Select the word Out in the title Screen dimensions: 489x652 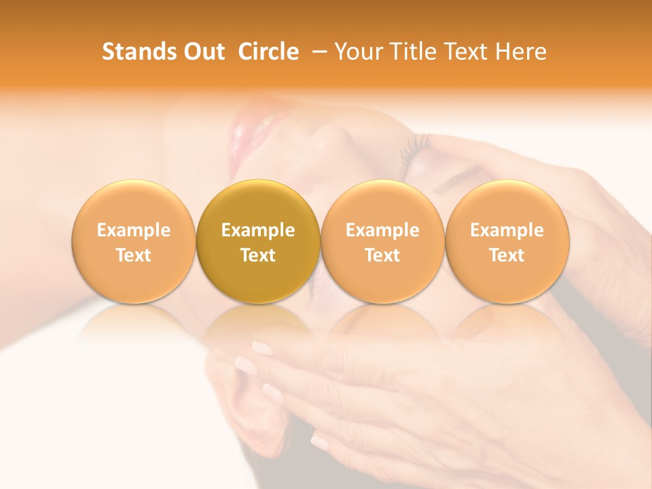(203, 52)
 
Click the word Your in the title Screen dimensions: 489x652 (359, 52)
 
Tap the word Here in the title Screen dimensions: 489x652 (520, 52)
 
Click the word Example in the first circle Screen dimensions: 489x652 (134, 230)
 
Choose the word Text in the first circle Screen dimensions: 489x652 (134, 255)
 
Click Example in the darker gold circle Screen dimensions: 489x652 (258, 230)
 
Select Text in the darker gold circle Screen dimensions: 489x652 (258, 255)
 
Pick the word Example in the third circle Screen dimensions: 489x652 (382, 230)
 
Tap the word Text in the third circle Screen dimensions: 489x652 (382, 255)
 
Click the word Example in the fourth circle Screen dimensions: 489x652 (507, 230)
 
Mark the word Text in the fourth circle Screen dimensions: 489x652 (507, 255)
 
